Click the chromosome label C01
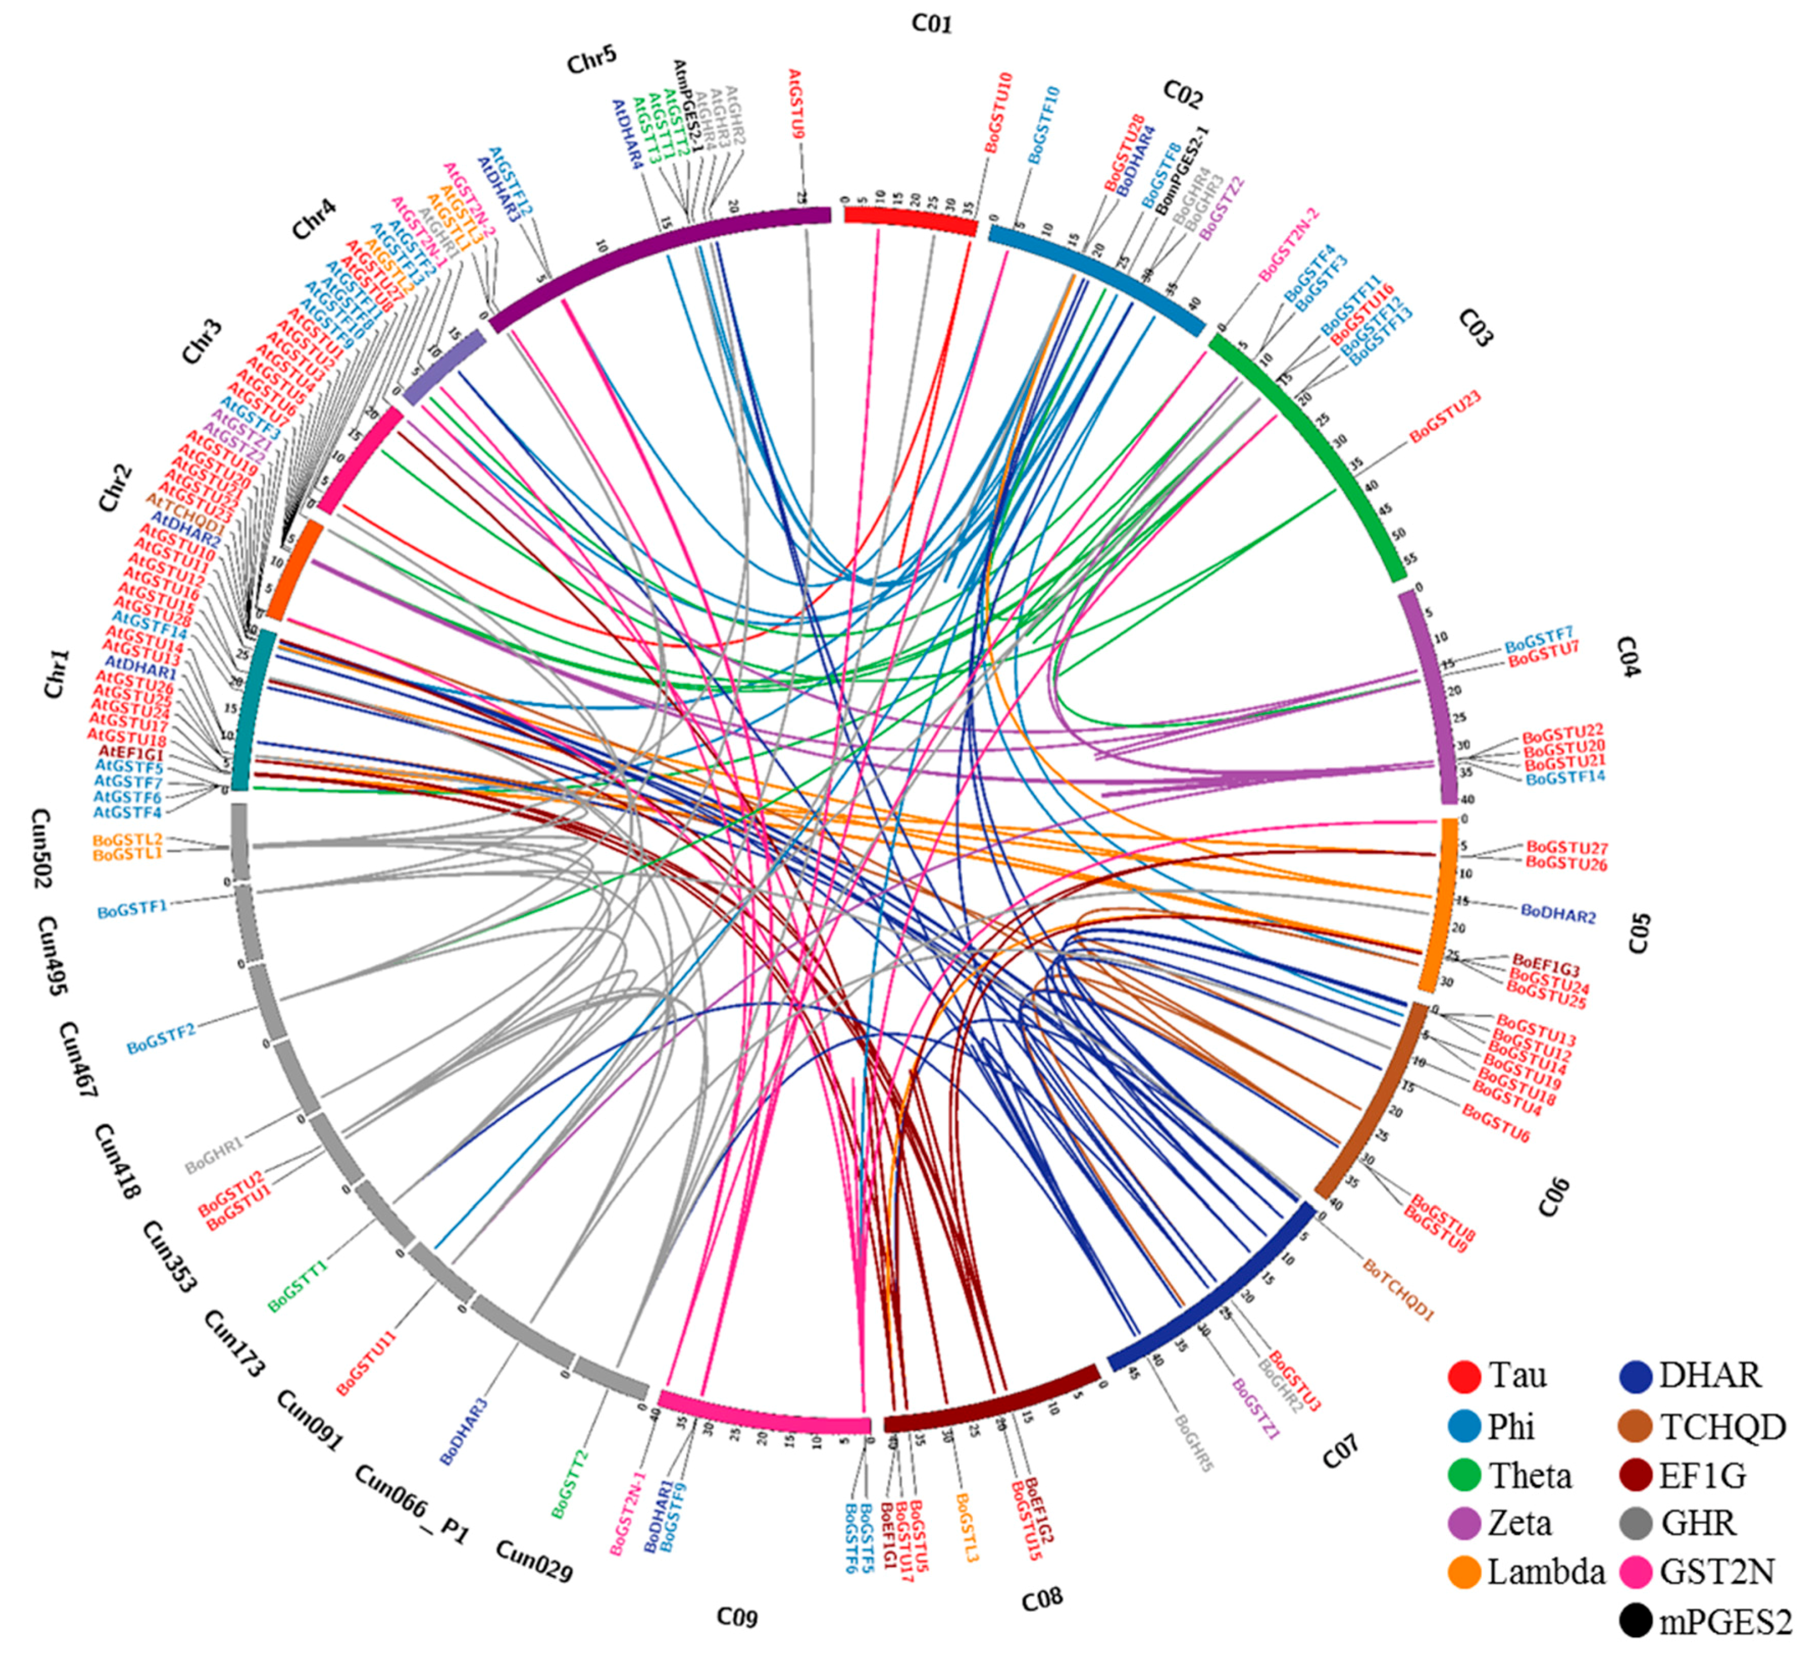(x=931, y=23)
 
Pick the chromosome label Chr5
(x=592, y=61)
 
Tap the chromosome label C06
(x=1555, y=1198)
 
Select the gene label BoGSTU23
(x=1445, y=417)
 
